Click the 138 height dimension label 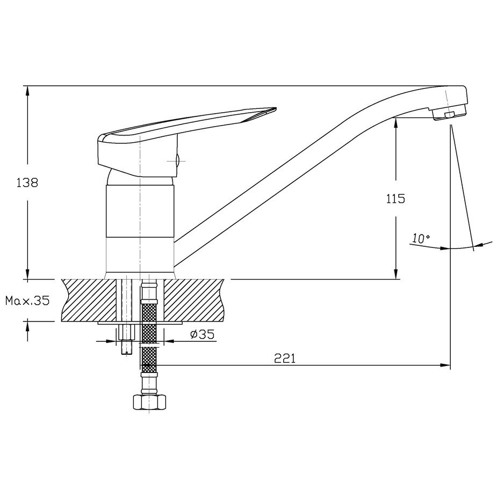pyautogui.click(x=27, y=182)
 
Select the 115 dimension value pyautogui.click(x=395, y=199)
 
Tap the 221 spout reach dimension pyautogui.click(x=284, y=358)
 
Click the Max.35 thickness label pyautogui.click(x=27, y=301)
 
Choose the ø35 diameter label pyautogui.click(x=202, y=334)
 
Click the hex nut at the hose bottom pyautogui.click(x=149, y=402)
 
